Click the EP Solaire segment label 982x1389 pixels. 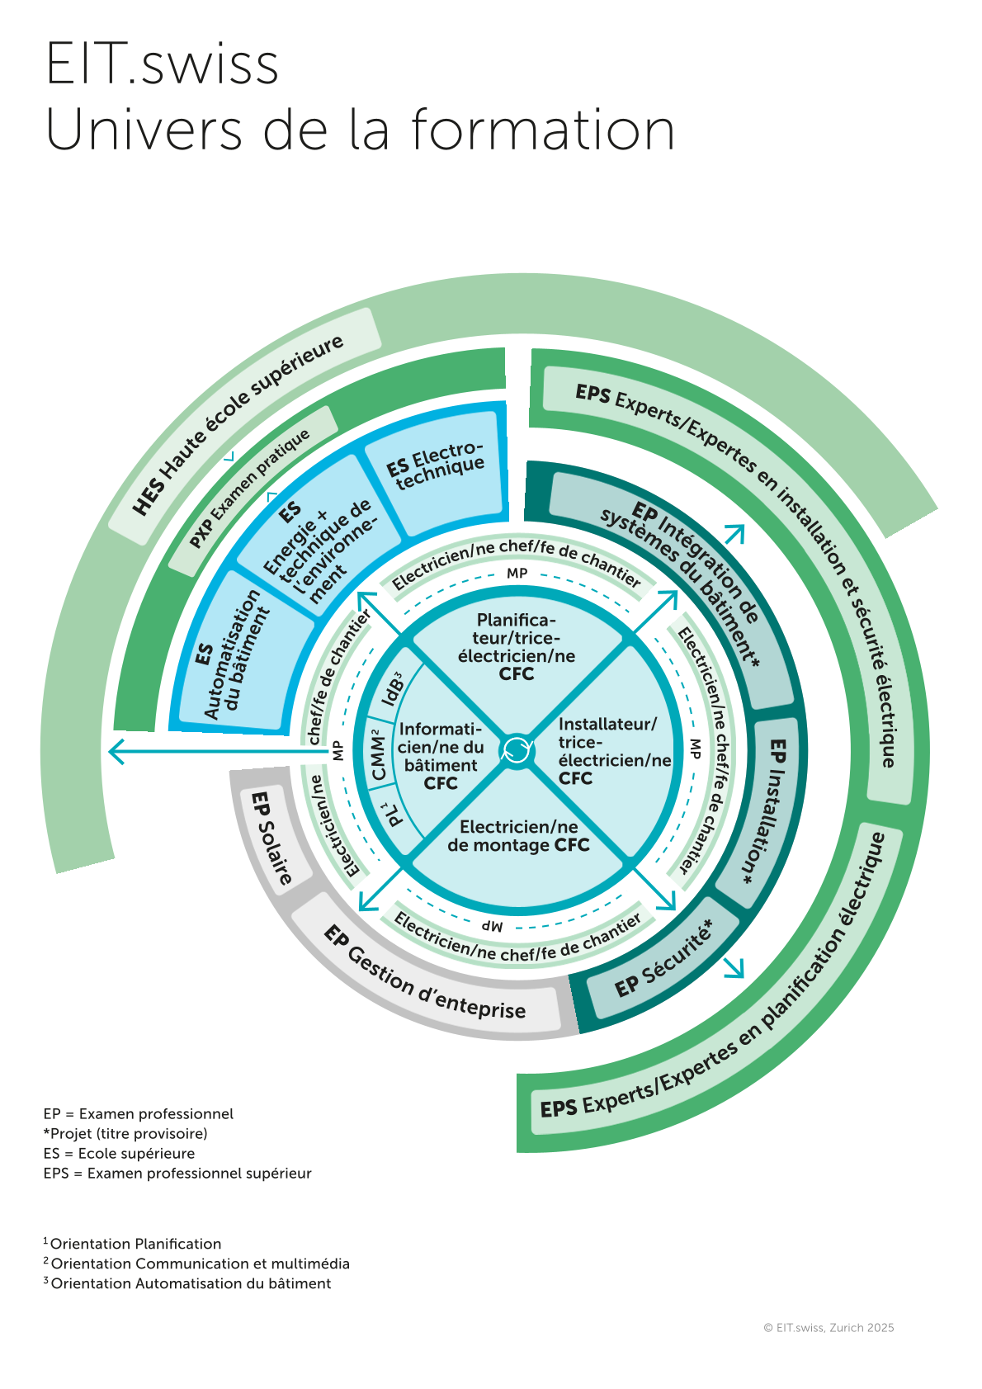[271, 838]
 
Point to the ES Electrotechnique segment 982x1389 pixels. [435, 466]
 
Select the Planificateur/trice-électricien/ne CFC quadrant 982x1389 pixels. [517, 647]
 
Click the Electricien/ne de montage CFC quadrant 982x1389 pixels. [518, 836]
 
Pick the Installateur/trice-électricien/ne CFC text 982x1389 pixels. [613, 751]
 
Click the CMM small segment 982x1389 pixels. [378, 754]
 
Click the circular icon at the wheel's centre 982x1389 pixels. [517, 749]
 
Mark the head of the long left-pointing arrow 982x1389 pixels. [116, 751]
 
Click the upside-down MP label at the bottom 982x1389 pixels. [493, 926]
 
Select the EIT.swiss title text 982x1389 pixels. [163, 64]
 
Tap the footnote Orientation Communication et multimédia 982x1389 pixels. [200, 1264]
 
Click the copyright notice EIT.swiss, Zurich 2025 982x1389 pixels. [829, 1328]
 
